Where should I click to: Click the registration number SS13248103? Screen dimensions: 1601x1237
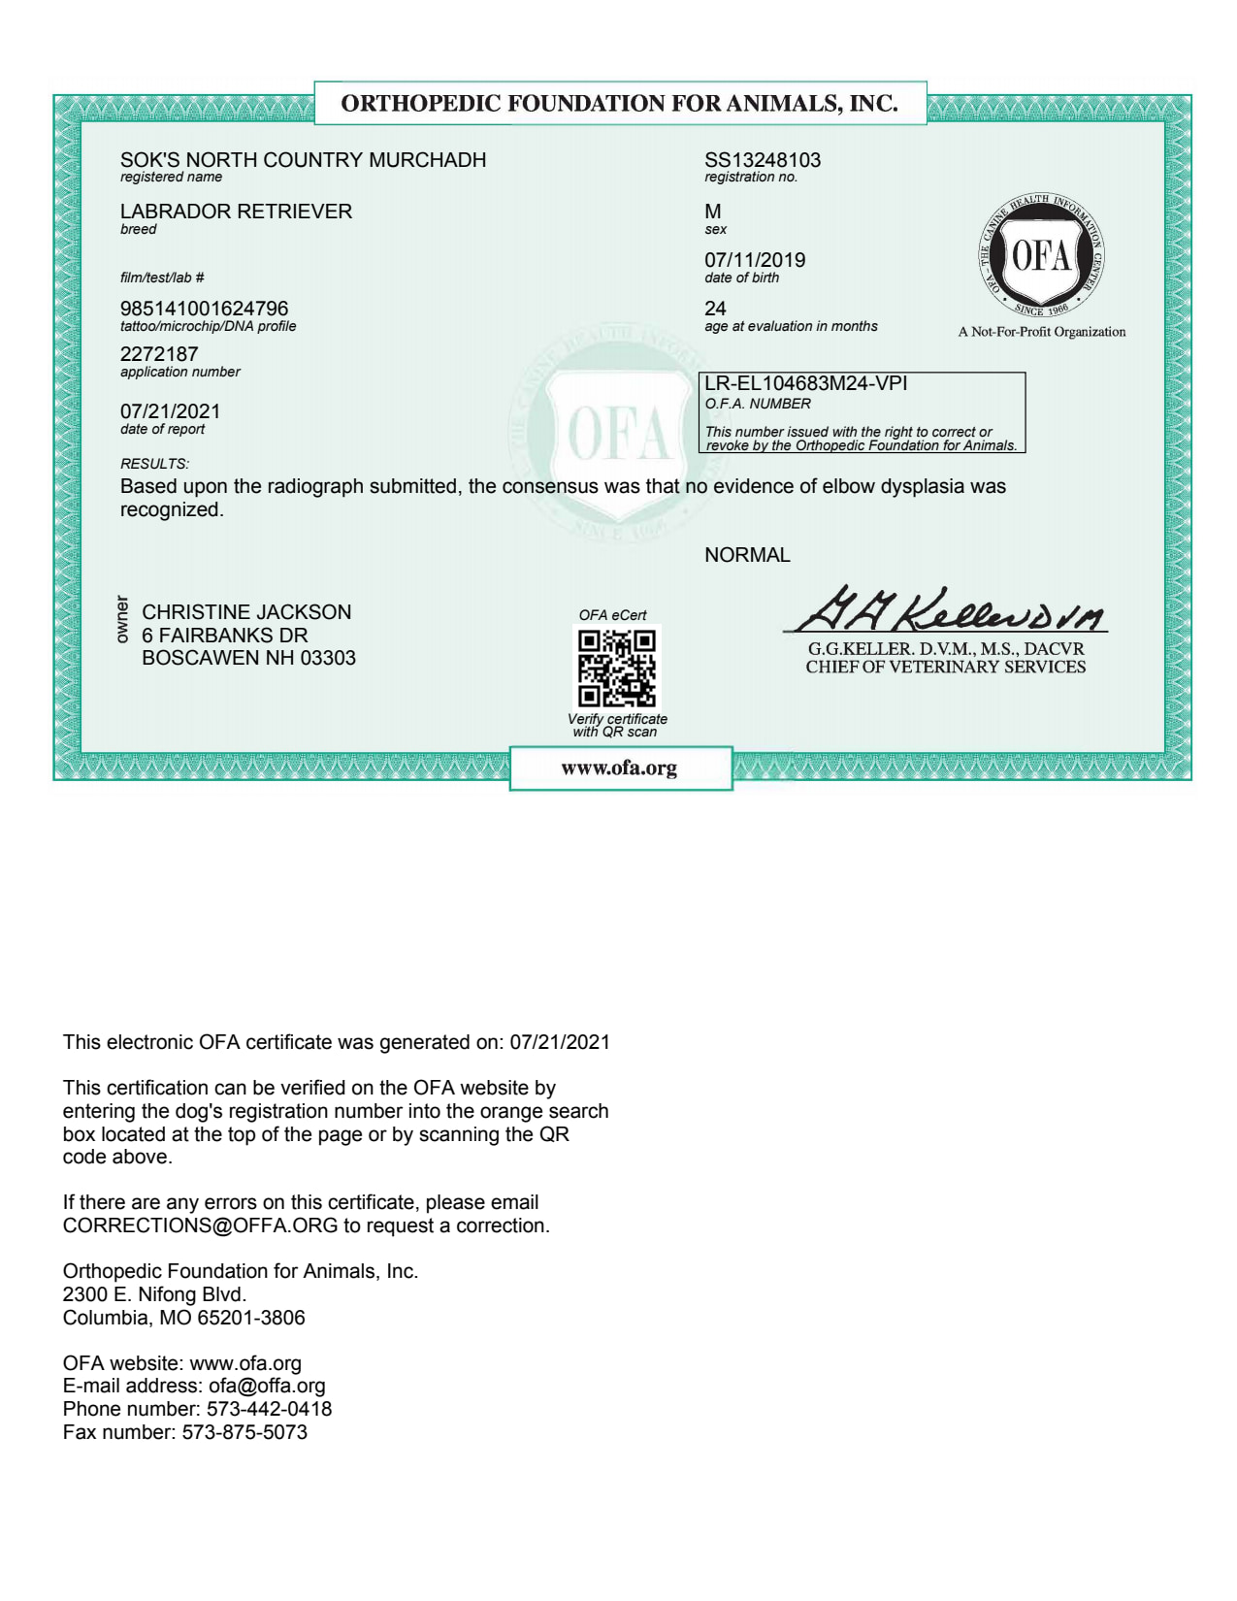763,160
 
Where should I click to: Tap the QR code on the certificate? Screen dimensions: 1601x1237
617,668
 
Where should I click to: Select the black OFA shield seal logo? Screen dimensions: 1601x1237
1041,257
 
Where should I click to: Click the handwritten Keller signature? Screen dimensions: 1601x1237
951,610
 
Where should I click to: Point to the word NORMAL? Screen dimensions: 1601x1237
747,555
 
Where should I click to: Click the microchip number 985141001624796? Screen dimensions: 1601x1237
204,309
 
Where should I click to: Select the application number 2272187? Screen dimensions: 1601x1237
159,354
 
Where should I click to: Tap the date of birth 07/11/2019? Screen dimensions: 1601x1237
755,260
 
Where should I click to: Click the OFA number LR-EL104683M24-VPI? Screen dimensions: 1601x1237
806,383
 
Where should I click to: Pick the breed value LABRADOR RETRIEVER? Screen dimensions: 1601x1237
236,212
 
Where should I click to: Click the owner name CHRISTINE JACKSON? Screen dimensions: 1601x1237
246,612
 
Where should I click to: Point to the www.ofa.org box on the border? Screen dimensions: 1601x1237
620,768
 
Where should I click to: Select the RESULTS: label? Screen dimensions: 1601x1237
154,464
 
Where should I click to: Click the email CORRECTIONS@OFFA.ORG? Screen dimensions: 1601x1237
201,1225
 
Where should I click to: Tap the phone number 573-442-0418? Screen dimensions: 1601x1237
269,1409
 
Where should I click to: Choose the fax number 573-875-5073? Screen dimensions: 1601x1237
244,1432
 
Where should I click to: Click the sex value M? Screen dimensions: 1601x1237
713,212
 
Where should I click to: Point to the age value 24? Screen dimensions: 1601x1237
715,309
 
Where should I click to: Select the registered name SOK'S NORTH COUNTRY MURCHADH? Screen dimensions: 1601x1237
303,160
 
